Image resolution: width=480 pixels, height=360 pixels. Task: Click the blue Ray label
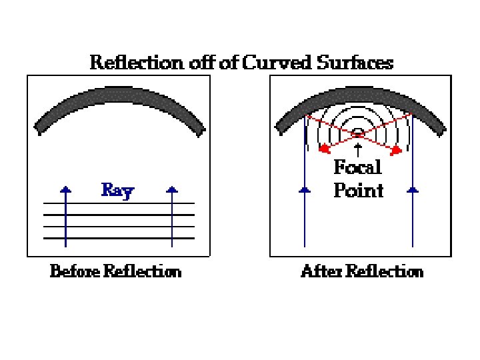point(117,191)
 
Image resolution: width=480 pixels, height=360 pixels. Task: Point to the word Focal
point(358,167)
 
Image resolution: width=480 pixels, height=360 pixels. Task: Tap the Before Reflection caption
point(115,272)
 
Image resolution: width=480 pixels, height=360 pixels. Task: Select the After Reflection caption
point(362,272)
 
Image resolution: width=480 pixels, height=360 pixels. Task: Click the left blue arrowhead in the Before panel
point(65,190)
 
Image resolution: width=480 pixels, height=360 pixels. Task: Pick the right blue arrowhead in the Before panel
point(172,190)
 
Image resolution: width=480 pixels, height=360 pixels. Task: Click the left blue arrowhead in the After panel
point(305,190)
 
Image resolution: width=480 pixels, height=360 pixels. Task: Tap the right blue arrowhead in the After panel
point(413,190)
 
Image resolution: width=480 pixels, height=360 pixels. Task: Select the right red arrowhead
point(396,150)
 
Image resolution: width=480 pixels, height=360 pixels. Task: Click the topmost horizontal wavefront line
point(119,203)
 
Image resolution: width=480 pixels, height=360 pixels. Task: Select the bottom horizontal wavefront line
point(119,238)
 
